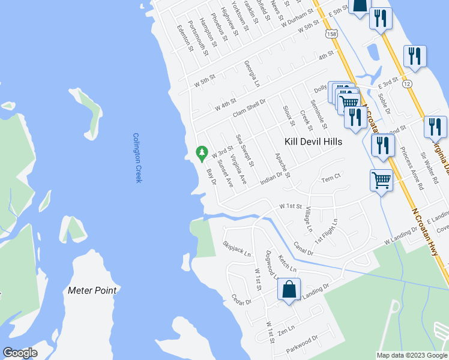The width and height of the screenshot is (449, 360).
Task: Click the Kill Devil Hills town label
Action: click(x=313, y=142)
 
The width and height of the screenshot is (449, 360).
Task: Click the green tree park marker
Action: click(x=202, y=153)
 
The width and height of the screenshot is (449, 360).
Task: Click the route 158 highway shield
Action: click(x=331, y=34)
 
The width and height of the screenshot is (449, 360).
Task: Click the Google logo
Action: click(x=19, y=353)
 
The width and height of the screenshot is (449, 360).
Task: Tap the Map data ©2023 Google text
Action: click(x=412, y=355)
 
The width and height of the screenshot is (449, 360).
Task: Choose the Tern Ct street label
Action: click(x=331, y=178)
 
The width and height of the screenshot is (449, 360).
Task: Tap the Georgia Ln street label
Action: click(x=252, y=73)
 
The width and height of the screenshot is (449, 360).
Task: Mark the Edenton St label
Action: click(x=184, y=38)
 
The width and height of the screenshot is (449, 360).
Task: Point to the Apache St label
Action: click(x=282, y=165)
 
